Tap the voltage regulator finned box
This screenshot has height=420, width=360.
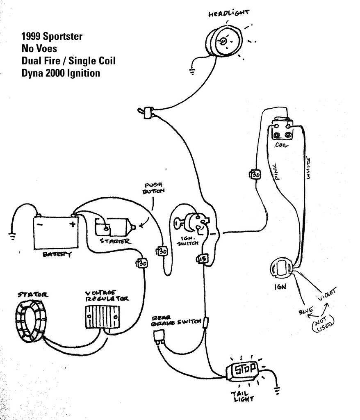click(x=102, y=316)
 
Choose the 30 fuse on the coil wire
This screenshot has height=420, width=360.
click(x=255, y=175)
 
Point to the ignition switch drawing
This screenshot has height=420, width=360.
click(x=193, y=224)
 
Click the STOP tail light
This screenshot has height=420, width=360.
click(x=244, y=370)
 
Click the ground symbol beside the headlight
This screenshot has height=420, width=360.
click(x=191, y=73)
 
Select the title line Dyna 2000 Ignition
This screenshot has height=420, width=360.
click(x=61, y=73)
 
